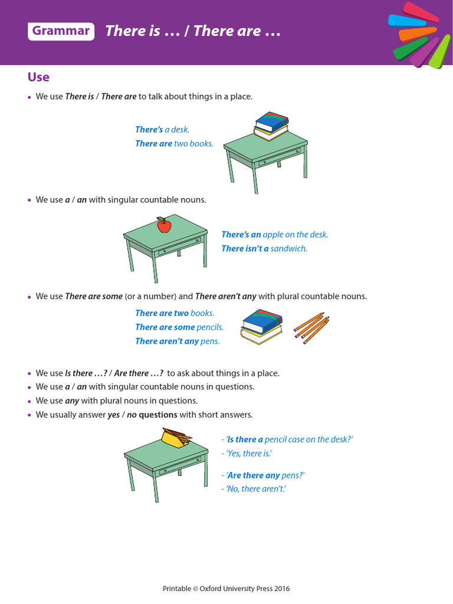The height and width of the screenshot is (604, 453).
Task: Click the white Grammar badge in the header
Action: click(61, 31)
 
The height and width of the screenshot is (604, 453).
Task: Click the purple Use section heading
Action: click(38, 77)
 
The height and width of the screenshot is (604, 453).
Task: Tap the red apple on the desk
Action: click(163, 225)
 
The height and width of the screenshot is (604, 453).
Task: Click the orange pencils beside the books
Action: click(311, 328)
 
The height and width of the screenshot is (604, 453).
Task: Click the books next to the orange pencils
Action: click(261, 327)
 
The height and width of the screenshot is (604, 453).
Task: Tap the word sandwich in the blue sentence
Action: click(289, 248)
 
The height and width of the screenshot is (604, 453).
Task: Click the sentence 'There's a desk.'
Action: click(162, 130)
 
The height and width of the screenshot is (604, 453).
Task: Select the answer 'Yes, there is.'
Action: click(246, 454)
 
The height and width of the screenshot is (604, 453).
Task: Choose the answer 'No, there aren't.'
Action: click(253, 489)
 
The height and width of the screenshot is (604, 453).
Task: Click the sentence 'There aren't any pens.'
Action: click(177, 341)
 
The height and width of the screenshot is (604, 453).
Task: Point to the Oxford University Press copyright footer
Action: click(226, 589)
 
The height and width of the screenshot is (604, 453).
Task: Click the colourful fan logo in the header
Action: click(419, 34)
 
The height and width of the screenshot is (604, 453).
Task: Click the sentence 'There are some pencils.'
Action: click(179, 327)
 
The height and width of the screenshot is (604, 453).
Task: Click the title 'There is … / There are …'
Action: click(192, 31)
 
